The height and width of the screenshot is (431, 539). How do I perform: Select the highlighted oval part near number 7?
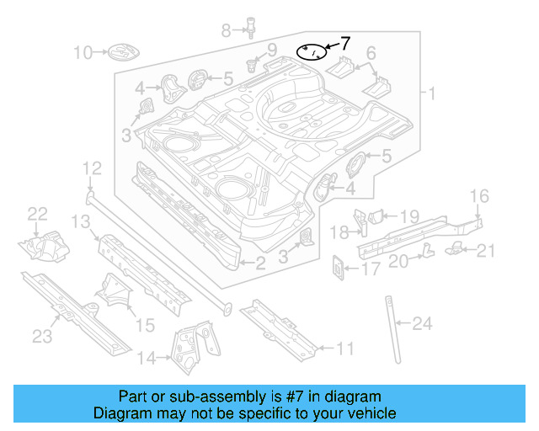312,52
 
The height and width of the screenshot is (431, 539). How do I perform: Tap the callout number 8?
226,31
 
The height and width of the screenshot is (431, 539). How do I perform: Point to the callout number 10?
82,53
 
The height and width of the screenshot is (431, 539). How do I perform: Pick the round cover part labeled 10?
119,53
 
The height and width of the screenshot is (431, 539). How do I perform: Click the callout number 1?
431,93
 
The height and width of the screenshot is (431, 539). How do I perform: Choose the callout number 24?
422,322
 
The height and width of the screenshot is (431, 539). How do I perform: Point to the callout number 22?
38,213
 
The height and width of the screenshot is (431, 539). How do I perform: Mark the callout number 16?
478,197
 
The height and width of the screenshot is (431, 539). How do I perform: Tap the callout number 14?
147,359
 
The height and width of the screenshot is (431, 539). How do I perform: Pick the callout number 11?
345,347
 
